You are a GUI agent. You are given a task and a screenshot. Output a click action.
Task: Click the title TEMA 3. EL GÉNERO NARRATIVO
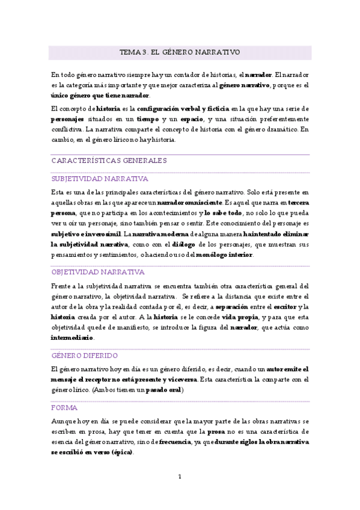click(x=180, y=52)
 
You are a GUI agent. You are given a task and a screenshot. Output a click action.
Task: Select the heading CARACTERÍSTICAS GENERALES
click(x=109, y=161)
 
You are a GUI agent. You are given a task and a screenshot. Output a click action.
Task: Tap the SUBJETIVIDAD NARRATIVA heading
click(x=100, y=179)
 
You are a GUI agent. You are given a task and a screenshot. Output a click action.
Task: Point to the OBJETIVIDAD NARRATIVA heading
click(x=98, y=272)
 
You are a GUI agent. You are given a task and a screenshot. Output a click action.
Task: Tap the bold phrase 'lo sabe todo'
click(x=223, y=213)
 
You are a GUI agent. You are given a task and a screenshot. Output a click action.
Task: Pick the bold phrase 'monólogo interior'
click(x=224, y=255)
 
